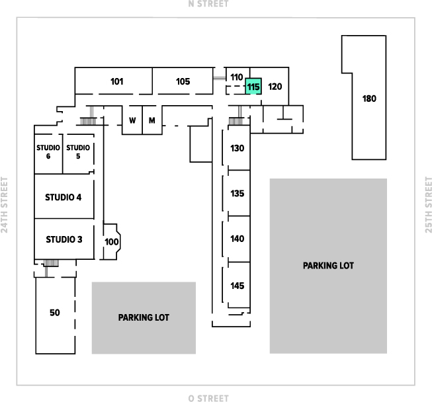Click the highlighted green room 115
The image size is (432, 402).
(253, 86)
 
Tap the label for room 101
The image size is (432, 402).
(117, 81)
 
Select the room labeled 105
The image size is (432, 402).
(183, 81)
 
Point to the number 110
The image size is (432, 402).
(237, 77)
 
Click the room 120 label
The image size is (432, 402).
(275, 87)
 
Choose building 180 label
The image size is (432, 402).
(369, 99)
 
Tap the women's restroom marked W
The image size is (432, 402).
(132, 120)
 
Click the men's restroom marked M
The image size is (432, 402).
(151, 120)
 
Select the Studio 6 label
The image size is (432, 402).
(48, 151)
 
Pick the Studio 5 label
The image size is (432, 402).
(78, 151)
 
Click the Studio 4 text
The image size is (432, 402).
(64, 197)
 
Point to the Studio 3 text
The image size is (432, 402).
(64, 239)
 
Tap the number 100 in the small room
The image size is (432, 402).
(112, 242)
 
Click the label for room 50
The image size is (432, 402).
(54, 313)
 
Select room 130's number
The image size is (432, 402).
(238, 148)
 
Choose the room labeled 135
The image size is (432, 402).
(238, 193)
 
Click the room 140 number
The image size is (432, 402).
(238, 239)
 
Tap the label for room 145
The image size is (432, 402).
(238, 286)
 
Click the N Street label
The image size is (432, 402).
(208, 3)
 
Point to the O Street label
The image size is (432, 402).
(208, 398)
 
